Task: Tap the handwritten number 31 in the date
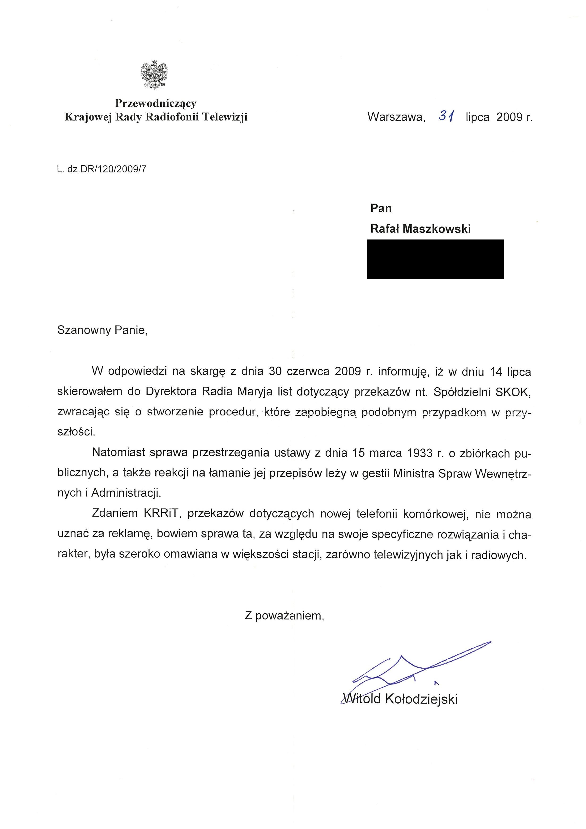446,116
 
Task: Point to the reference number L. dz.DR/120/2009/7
102,169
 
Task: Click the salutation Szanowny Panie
102,330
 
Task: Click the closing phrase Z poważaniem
284,616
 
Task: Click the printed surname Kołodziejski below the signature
421,699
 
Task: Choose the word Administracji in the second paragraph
126,493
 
